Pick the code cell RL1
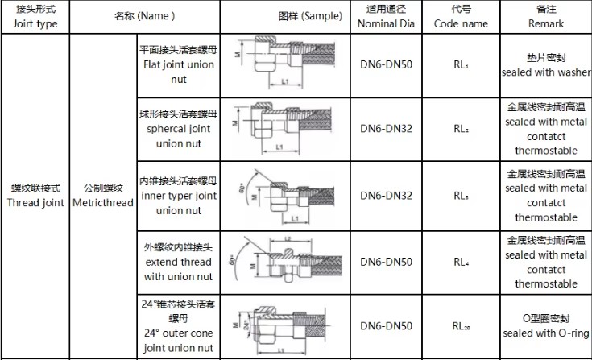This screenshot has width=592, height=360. (x=461, y=64)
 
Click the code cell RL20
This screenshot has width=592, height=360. (x=462, y=326)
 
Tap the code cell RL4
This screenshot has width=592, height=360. (x=461, y=262)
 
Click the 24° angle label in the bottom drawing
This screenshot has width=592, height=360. (x=246, y=324)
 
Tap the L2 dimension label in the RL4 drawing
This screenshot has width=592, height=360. (x=288, y=239)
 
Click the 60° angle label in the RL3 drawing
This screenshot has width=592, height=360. (x=242, y=188)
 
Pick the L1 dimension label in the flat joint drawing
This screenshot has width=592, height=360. (x=285, y=81)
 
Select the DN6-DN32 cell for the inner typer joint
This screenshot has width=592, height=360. (x=386, y=196)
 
